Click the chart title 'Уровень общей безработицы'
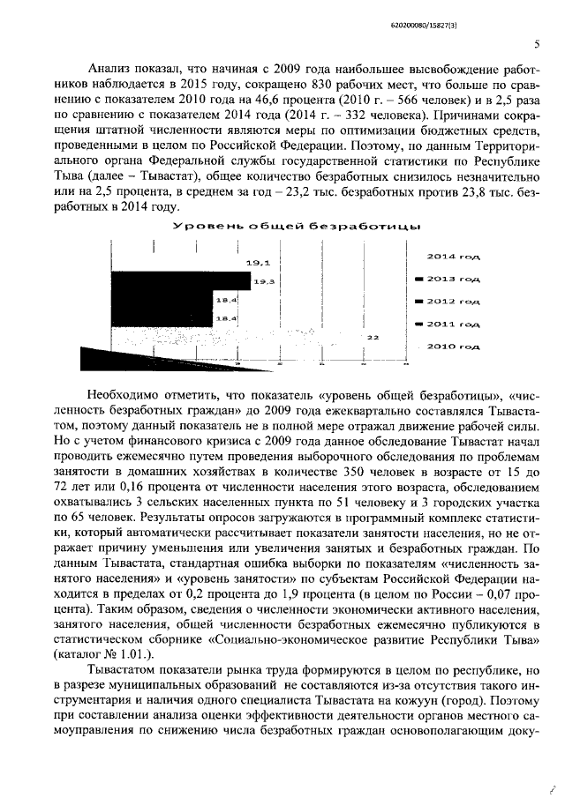point(294,227)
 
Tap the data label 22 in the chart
point(373,337)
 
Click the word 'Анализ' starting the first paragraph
point(113,68)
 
